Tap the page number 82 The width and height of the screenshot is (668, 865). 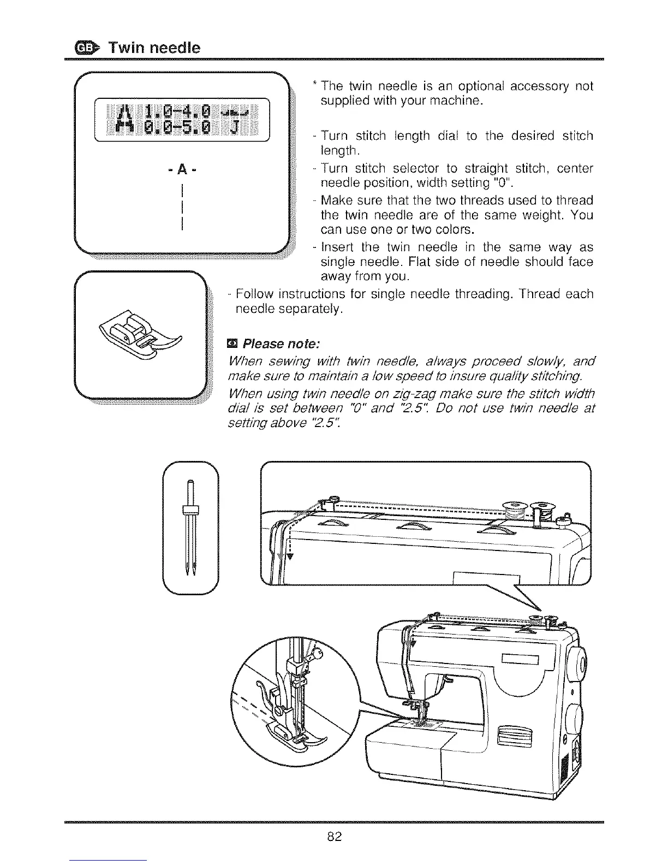click(x=334, y=836)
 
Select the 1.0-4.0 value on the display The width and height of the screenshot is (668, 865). click(x=175, y=114)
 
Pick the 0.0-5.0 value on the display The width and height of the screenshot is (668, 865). click(x=175, y=129)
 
